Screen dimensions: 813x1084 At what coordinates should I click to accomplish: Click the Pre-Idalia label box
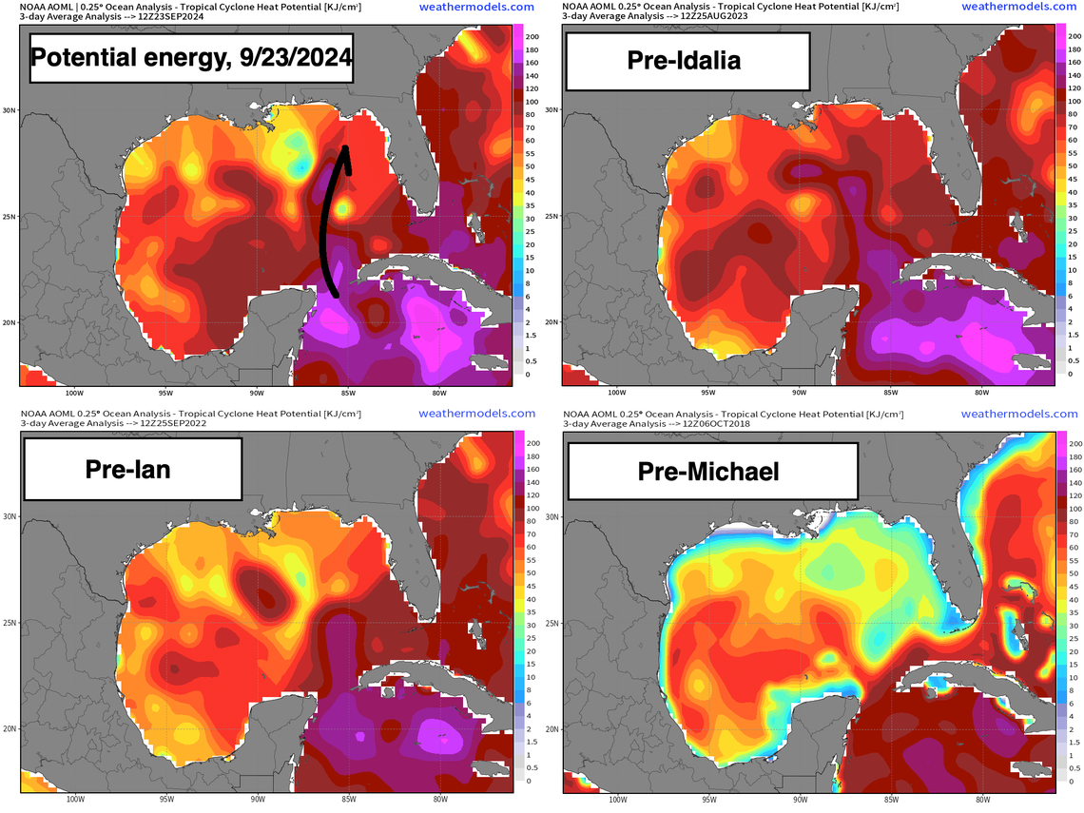(x=686, y=62)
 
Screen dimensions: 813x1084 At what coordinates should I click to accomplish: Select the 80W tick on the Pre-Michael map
(x=982, y=800)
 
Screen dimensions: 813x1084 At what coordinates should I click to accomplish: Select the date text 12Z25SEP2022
(x=179, y=424)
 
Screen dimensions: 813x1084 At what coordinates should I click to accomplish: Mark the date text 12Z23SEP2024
(x=179, y=16)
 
